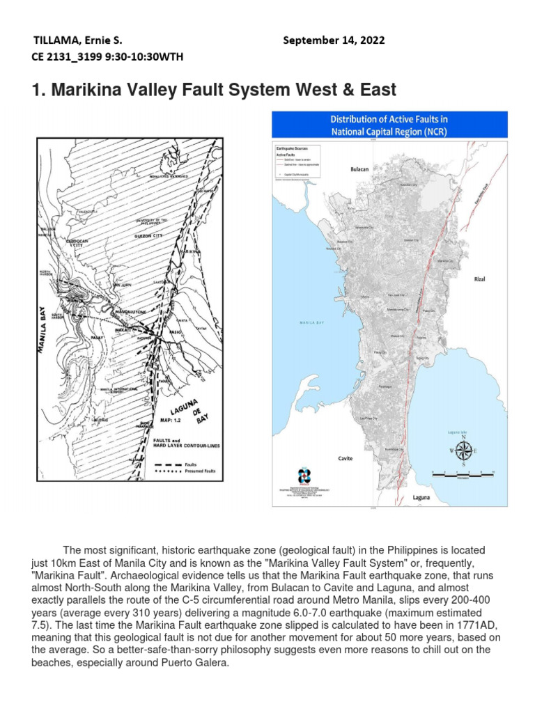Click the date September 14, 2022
click(334, 40)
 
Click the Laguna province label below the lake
click(421, 498)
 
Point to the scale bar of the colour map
click(463, 473)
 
